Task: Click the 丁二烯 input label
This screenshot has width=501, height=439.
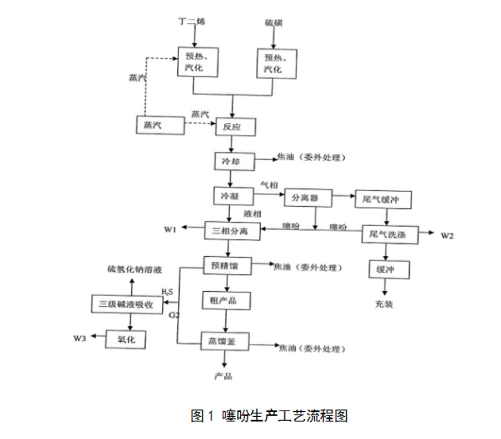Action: (193, 22)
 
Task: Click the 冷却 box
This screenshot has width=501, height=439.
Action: (233, 161)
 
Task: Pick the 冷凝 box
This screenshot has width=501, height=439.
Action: (233, 196)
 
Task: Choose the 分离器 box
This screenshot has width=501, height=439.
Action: (308, 198)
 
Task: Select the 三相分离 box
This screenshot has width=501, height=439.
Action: (232, 231)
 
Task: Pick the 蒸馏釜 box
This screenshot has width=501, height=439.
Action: (225, 340)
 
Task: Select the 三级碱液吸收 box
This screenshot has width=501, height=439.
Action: (127, 304)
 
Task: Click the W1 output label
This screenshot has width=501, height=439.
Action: (170, 228)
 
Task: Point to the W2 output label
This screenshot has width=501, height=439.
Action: (447, 236)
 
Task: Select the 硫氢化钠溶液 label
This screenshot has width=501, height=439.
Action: (134, 270)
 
